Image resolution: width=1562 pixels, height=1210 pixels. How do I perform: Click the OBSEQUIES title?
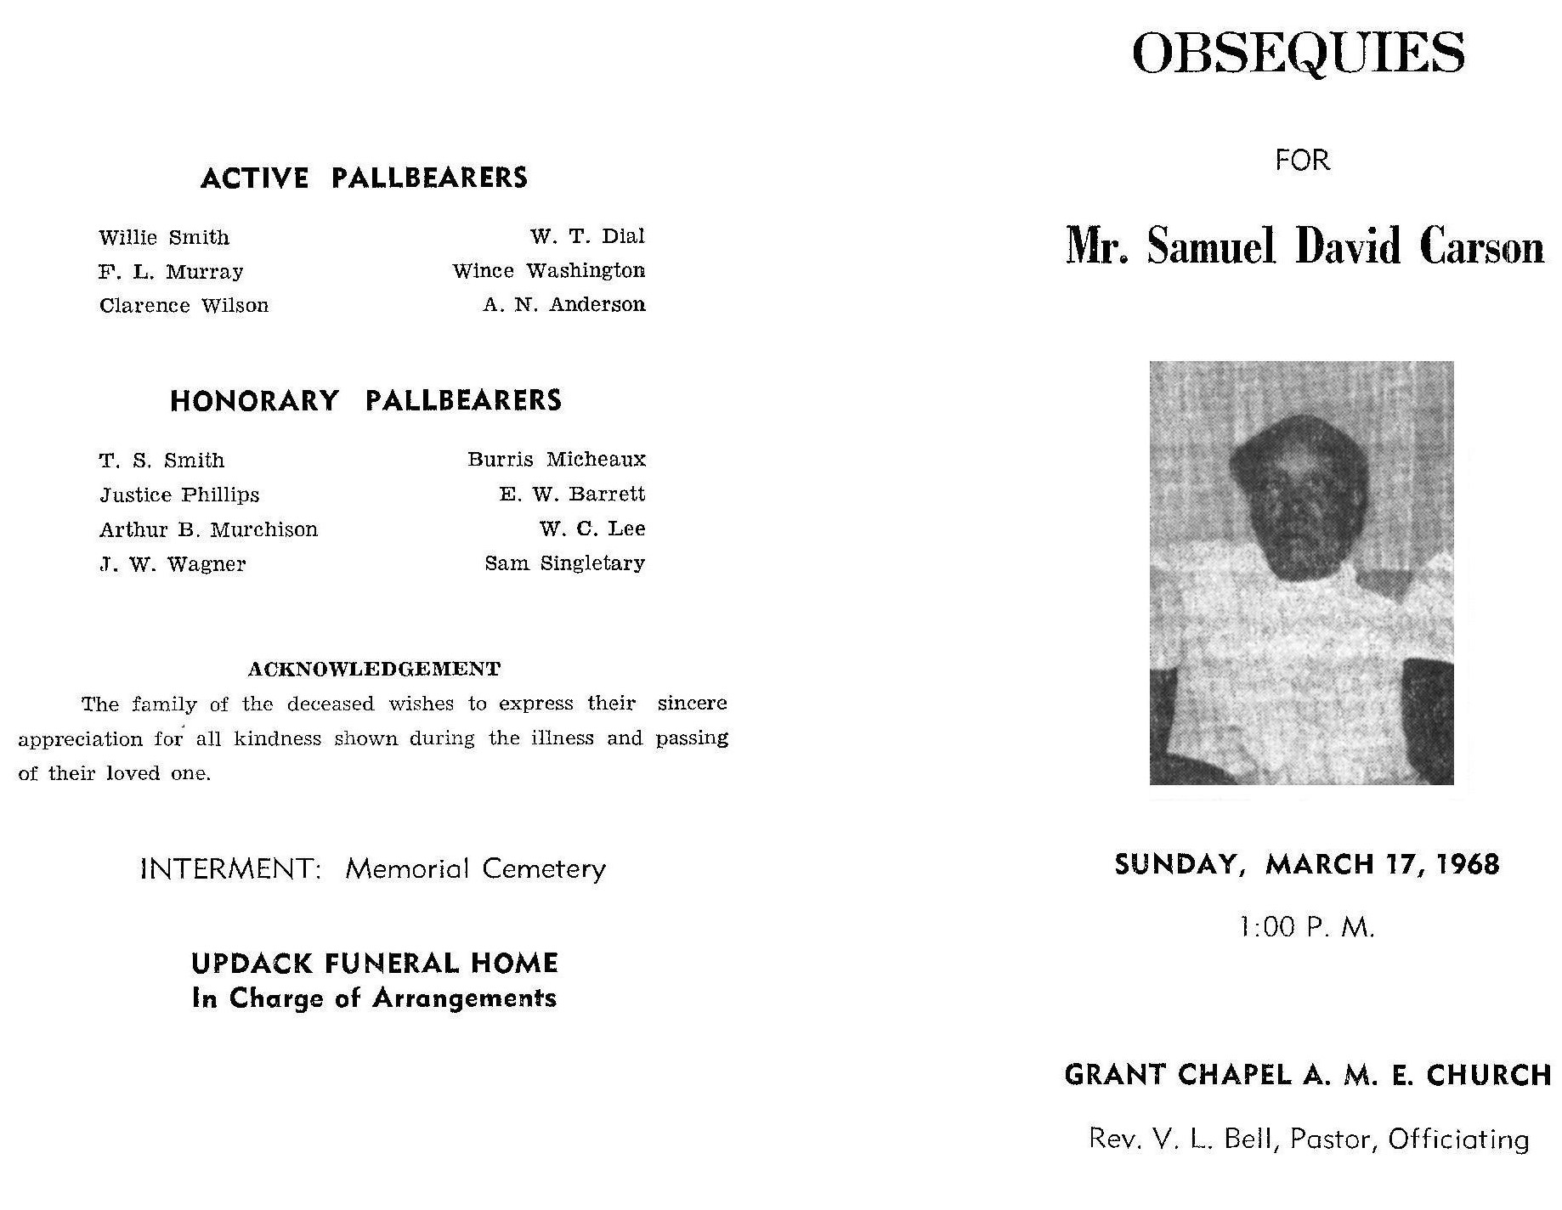pos(1299,54)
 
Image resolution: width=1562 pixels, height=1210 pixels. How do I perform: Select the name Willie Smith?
pos(164,238)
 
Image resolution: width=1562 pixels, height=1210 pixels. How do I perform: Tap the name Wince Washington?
pos(548,271)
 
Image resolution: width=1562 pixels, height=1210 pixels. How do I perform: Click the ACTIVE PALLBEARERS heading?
pos(364,178)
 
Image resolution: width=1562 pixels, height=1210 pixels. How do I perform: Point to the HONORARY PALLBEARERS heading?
pos(365,401)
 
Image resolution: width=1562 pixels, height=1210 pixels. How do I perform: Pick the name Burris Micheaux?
pos(557,460)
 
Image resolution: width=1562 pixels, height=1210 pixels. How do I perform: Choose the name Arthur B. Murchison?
pos(208,529)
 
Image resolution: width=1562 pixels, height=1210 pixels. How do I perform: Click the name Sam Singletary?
pos(564,563)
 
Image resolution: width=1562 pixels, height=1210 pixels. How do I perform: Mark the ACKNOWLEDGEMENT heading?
pos(374,670)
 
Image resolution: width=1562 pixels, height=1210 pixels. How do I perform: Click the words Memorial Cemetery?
pos(475,869)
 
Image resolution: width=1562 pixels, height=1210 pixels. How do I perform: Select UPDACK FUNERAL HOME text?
pos(374,964)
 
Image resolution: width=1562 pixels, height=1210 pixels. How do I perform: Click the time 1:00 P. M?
pos(1307,927)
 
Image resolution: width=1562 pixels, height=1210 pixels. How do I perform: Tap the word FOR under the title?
pos(1302,160)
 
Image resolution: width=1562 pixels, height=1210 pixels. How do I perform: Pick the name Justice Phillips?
pos(179,495)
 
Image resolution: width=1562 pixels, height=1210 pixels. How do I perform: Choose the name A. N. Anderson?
pos(564,305)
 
